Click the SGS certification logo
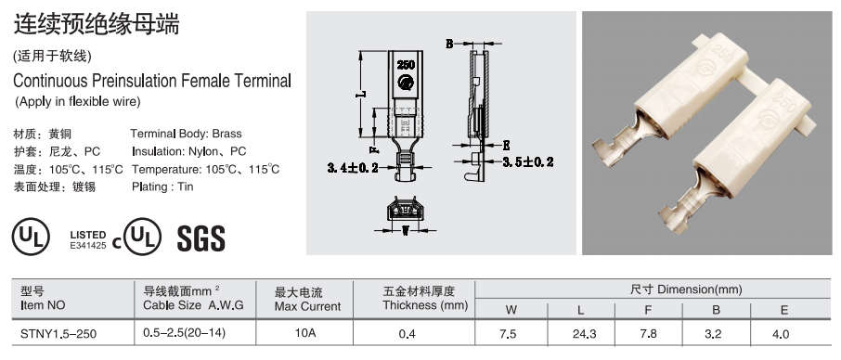(x=201, y=238)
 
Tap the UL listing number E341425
(x=88, y=246)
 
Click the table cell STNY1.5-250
(x=58, y=334)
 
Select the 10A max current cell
(x=305, y=333)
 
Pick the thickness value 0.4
(x=408, y=334)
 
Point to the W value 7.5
(x=508, y=334)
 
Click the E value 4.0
(x=781, y=334)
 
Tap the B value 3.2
(x=713, y=334)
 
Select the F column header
(x=648, y=310)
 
